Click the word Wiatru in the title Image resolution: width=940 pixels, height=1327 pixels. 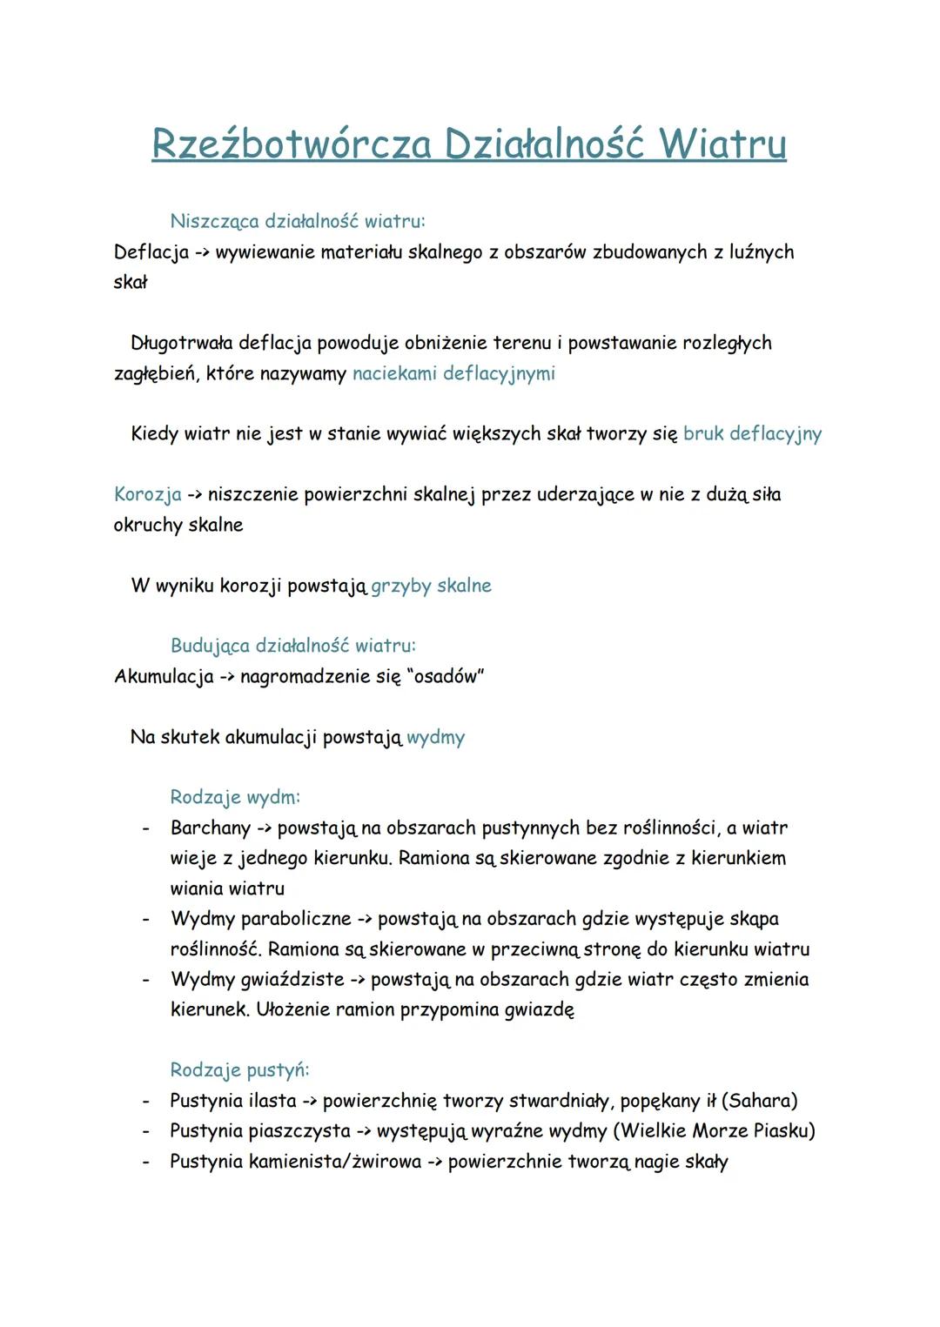coord(722,144)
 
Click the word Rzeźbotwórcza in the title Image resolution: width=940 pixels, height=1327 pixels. coord(291,144)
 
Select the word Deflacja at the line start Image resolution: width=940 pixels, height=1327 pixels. coord(151,252)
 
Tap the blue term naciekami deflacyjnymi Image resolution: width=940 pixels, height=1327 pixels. coord(453,374)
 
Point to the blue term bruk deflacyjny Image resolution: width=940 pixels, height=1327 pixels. coord(752,434)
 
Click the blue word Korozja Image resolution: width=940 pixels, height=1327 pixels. coord(147,495)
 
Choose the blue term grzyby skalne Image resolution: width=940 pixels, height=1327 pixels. coord(431,586)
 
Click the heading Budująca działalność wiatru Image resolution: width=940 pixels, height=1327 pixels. coord(292,646)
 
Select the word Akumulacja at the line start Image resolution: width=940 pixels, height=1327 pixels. coord(164,677)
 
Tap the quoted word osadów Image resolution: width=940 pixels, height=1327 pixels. coord(445,677)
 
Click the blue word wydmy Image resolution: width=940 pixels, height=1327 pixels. coord(435,738)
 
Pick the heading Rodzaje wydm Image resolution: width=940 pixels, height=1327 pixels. coord(235,797)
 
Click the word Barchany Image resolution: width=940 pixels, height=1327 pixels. coord(210,828)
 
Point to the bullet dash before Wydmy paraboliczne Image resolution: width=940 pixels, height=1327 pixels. coord(146,920)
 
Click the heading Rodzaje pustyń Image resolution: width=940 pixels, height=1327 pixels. coord(239,1069)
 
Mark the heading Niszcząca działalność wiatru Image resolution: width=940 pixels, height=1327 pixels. coord(298,222)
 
